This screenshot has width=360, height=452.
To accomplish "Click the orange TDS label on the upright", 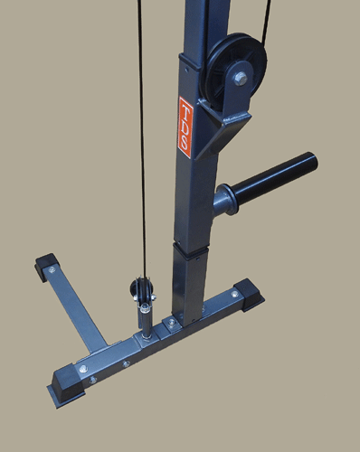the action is tap(185, 127).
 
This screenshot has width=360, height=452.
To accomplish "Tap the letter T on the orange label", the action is tap(186, 110).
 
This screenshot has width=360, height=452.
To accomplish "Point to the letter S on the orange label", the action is tap(185, 144).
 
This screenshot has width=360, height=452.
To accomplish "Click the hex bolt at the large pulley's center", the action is tap(241, 79).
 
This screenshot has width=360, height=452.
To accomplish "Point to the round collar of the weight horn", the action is tap(225, 200).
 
